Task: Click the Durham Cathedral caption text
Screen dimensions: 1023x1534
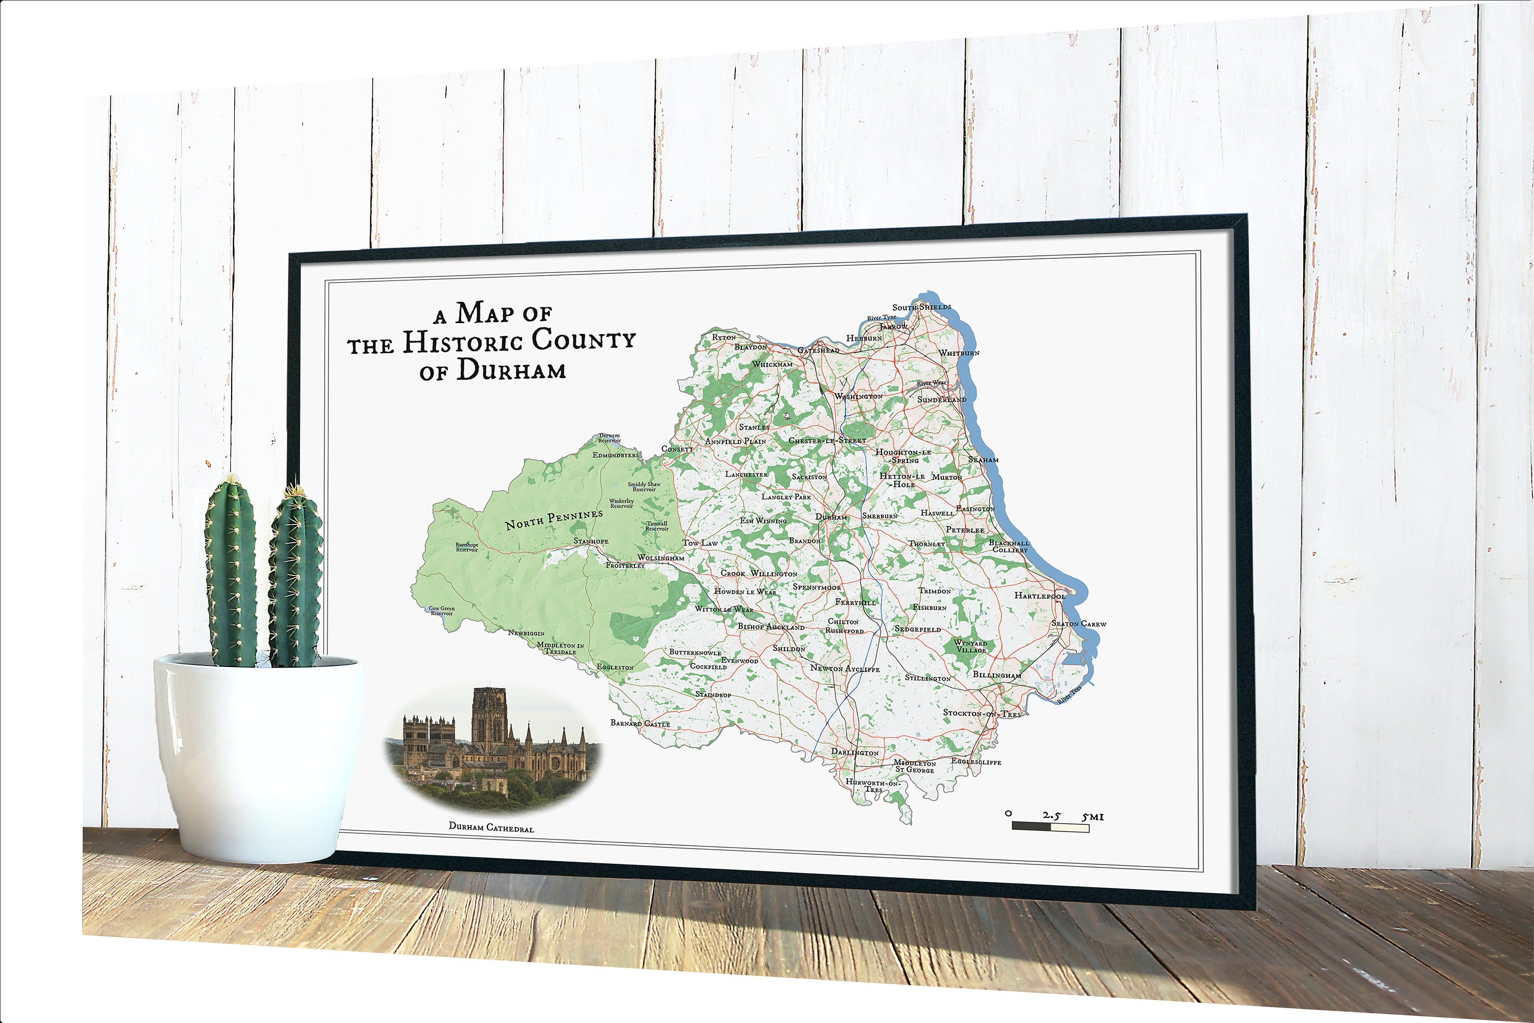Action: [490, 827]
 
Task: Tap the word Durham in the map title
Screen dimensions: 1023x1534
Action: [511, 370]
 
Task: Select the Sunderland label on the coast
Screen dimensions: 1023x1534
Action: [942, 399]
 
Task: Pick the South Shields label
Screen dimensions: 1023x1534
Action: [921, 306]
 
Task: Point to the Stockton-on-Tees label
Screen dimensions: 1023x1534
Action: [982, 713]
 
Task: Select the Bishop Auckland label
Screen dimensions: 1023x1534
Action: [771, 626]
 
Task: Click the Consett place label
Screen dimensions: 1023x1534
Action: [677, 449]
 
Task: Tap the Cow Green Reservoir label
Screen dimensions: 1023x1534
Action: [442, 611]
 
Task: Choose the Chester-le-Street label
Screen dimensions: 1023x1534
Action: [827, 440]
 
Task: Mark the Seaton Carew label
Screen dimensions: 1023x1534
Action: [1079, 624]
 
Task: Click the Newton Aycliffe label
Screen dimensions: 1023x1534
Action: [845, 668]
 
